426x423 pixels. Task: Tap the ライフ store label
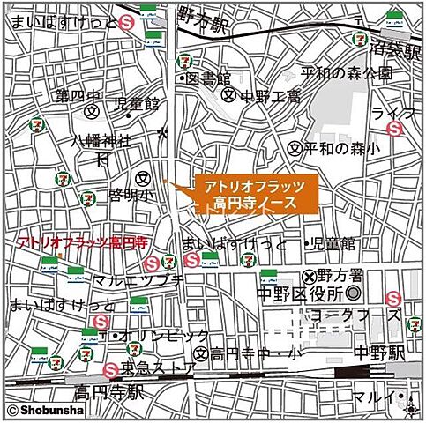coord(387,113)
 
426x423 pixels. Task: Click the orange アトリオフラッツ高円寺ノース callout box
coord(254,195)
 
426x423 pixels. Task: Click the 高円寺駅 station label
coord(108,390)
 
